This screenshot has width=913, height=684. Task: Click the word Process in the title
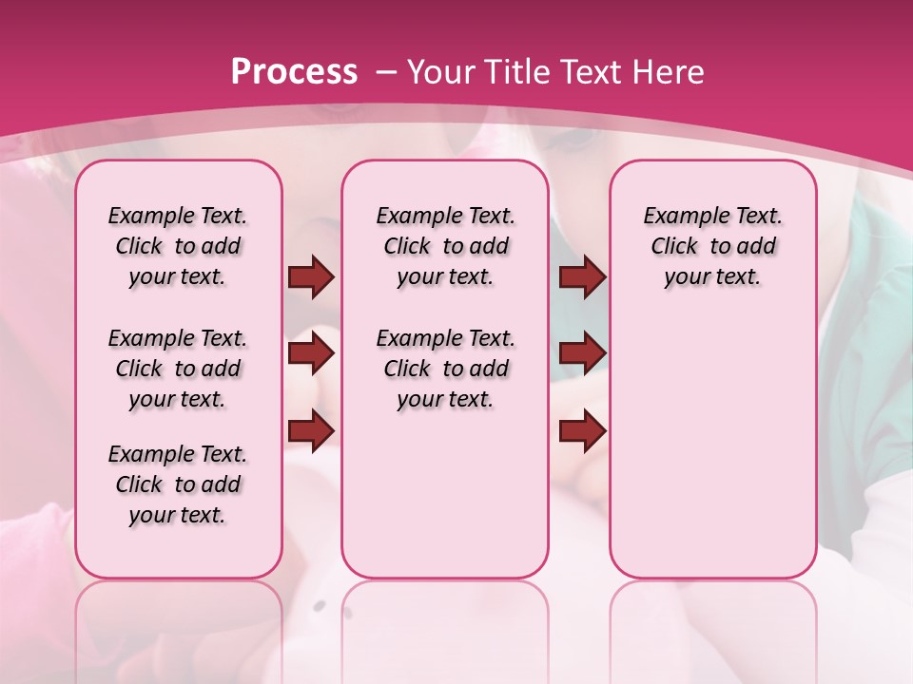point(294,71)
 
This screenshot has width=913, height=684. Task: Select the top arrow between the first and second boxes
point(311,277)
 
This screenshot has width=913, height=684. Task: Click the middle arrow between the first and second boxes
point(311,354)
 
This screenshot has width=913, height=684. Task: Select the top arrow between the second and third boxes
point(582,277)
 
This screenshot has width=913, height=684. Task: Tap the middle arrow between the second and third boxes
point(582,354)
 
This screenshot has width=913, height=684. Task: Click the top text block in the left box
point(178,246)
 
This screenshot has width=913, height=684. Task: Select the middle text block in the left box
point(178,369)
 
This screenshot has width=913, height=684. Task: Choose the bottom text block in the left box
point(178,484)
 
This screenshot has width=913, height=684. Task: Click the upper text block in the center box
point(445,246)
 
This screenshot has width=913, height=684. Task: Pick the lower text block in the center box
point(445,369)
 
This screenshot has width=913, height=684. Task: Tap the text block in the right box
point(712,246)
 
